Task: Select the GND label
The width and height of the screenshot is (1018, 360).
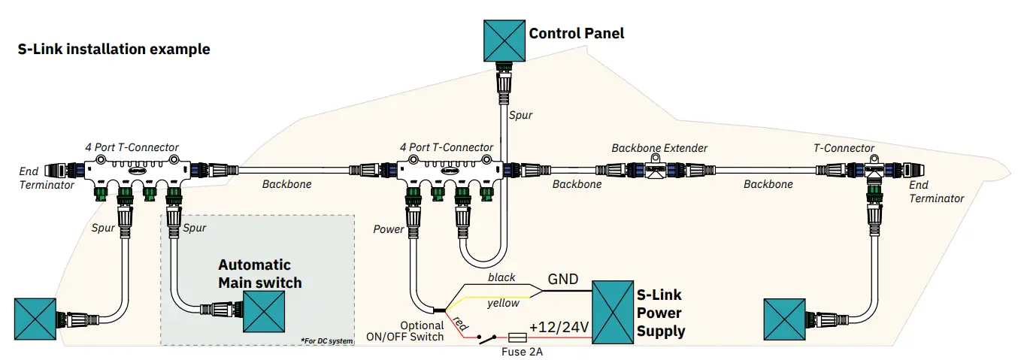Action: pyautogui.click(x=562, y=280)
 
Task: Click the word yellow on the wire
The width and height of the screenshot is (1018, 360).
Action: pyautogui.click(x=502, y=304)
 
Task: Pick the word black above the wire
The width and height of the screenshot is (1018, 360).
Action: pyautogui.click(x=501, y=277)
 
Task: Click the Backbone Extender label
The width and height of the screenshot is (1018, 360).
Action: pyautogui.click(x=659, y=148)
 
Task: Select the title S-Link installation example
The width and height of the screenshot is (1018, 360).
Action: pyautogui.click(x=114, y=50)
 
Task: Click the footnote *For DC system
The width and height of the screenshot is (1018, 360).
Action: pyautogui.click(x=326, y=341)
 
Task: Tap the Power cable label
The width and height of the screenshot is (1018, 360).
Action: pyautogui.click(x=389, y=229)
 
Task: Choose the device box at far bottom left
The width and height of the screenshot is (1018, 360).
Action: pyautogui.click(x=35, y=319)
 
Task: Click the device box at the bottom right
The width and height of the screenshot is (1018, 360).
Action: pyautogui.click(x=784, y=318)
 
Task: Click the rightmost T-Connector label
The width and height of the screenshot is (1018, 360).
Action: pyautogui.click(x=844, y=148)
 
